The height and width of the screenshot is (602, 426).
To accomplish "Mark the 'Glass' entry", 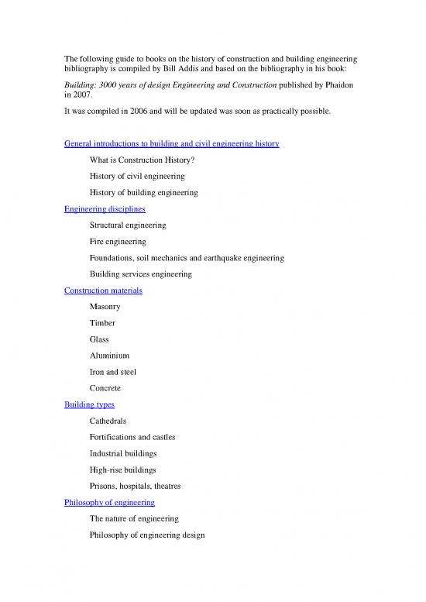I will pos(100,339).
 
